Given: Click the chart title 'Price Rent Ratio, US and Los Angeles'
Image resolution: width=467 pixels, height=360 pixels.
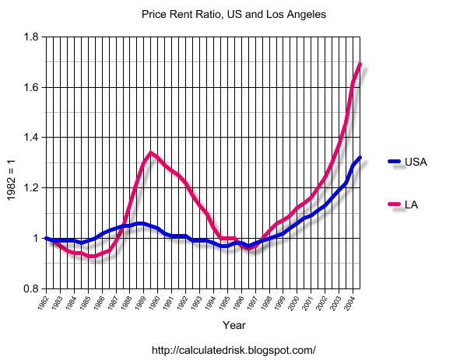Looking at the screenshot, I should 233,15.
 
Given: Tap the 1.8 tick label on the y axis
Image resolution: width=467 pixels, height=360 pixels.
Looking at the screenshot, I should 31,37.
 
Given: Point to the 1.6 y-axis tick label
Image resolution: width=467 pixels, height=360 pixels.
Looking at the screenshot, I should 31,87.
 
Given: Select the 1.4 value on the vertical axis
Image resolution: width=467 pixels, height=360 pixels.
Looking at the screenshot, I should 31,138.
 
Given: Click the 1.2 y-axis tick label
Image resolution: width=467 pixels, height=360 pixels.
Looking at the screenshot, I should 31,187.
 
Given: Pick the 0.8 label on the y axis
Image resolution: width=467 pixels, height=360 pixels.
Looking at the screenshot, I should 31,288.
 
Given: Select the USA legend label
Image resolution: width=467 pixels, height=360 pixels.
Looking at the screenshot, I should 416,162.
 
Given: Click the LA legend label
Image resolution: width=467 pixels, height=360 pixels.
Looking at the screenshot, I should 413,204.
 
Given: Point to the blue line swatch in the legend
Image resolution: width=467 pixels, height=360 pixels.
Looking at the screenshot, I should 395,162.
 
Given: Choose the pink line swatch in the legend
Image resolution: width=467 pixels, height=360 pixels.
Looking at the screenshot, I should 395,204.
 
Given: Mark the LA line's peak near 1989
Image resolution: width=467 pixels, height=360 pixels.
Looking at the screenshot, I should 150,152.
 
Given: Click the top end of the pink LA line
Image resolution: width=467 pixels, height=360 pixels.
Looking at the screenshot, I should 360,64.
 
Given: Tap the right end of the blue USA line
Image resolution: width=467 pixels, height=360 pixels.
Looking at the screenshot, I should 360,158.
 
